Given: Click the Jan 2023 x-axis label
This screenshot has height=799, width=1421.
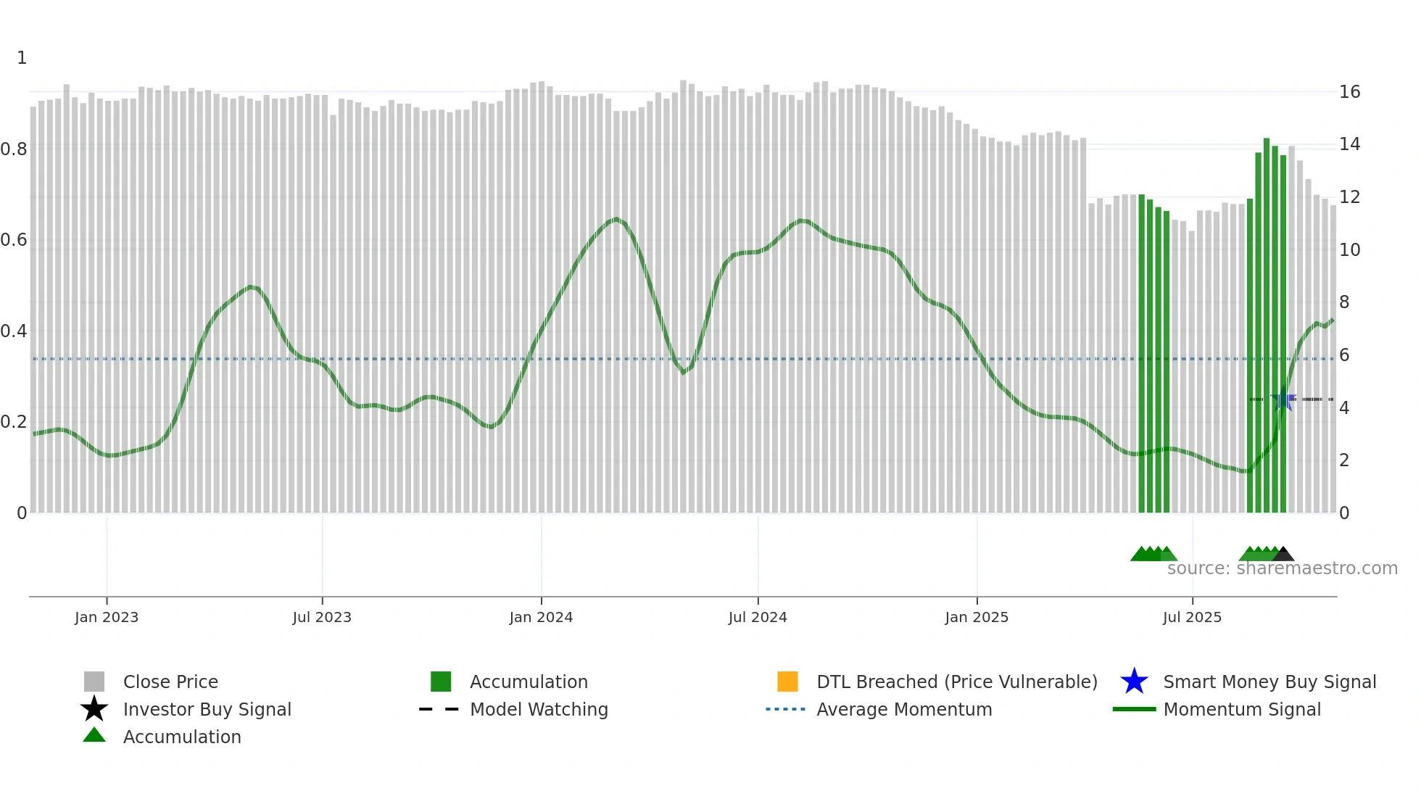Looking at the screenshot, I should (x=107, y=617).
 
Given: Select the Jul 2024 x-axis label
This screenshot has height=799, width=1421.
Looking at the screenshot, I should (x=758, y=617).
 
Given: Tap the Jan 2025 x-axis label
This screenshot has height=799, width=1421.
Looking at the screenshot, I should (x=977, y=617).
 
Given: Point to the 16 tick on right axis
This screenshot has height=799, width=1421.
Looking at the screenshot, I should (x=1349, y=92).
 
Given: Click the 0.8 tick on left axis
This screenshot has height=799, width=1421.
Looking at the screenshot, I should (x=14, y=149).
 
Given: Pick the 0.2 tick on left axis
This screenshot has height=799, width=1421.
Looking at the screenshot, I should (x=14, y=422).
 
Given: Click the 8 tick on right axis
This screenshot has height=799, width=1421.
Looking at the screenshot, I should (x=1344, y=302).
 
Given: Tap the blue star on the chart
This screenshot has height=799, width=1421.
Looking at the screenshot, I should (x=1283, y=399).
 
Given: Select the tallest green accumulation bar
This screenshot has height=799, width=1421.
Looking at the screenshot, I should (x=1267, y=326).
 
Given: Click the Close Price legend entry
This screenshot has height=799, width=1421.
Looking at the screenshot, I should (x=170, y=682).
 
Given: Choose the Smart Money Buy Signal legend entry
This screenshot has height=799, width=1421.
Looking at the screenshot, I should (x=1269, y=682).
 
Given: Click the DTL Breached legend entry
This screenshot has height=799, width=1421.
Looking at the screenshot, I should (x=956, y=682).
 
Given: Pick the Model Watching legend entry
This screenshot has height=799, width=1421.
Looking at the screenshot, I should (x=538, y=709).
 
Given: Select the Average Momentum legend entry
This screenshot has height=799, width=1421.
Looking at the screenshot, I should (x=903, y=709).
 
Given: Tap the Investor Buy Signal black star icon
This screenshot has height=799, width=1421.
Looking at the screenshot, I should (x=94, y=709).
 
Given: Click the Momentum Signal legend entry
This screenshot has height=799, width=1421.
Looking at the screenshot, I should (x=1241, y=709).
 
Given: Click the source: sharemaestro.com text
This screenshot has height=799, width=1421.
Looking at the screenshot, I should (x=1282, y=568).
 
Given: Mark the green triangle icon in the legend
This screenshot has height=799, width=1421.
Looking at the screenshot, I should (x=94, y=735).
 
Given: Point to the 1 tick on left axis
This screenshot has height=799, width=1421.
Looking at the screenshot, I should (x=22, y=58).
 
